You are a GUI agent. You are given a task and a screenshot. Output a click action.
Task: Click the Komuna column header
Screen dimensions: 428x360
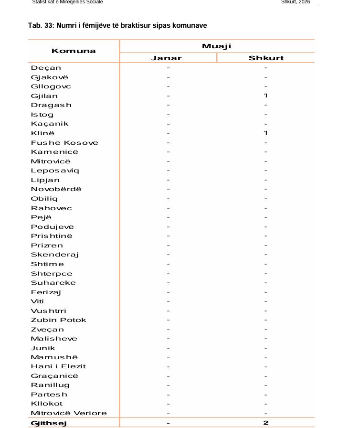click(74, 51)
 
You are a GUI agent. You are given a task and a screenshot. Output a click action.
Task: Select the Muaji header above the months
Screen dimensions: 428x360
click(216, 46)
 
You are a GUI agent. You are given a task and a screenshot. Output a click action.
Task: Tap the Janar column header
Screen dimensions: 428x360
click(167, 58)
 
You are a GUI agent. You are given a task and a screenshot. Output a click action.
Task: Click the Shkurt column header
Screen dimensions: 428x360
click(266, 58)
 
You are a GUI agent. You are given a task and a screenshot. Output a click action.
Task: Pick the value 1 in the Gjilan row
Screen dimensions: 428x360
click(266, 96)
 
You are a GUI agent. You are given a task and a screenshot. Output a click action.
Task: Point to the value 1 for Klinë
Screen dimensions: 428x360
click(266, 133)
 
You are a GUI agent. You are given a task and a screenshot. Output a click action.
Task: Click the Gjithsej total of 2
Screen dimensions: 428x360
click(266, 423)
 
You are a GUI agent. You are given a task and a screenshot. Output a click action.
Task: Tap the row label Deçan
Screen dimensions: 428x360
click(46, 68)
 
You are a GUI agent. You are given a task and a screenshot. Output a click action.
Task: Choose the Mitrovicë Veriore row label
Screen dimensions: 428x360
click(69, 413)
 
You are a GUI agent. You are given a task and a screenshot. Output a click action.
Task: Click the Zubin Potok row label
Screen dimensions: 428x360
click(59, 320)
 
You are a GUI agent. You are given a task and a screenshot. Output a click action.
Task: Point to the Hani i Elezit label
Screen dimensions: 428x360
click(58, 366)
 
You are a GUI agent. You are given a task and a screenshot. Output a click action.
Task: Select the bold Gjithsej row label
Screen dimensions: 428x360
click(49, 423)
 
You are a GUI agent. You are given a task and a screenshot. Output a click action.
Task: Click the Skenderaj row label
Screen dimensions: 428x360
click(55, 255)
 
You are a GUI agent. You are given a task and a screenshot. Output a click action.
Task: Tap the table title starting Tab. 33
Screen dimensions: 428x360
click(117, 25)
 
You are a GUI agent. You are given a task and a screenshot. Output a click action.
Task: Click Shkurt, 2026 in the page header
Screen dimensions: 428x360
click(296, 2)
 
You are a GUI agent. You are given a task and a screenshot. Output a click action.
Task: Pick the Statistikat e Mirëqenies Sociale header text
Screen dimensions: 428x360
click(67, 2)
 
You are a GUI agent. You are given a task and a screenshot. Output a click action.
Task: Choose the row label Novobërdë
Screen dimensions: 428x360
click(56, 189)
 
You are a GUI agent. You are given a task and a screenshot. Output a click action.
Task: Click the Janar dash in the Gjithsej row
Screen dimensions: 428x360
click(168, 423)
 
